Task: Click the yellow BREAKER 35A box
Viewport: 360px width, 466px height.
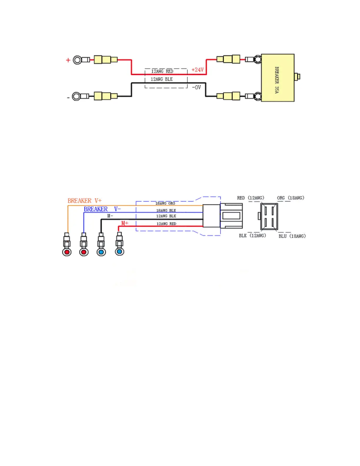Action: point(277,78)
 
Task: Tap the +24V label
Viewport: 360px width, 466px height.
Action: point(197,70)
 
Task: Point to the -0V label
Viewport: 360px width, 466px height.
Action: point(196,87)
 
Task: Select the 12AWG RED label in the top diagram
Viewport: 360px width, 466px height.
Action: point(162,71)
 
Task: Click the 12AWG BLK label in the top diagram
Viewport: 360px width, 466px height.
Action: point(161,79)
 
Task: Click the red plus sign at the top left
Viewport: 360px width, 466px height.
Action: point(68,60)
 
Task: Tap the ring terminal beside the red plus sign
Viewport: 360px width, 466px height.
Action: point(78,60)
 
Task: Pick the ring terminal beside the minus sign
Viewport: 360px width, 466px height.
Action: point(76,96)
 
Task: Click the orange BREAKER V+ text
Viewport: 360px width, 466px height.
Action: point(84,201)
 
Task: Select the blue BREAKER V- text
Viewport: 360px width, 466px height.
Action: point(102,209)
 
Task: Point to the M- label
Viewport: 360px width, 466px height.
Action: point(110,216)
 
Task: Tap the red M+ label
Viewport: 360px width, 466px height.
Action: point(125,223)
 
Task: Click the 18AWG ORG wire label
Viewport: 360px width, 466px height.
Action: point(165,203)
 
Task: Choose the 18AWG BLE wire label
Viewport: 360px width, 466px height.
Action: point(166,210)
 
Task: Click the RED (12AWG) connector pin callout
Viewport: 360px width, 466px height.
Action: point(251,198)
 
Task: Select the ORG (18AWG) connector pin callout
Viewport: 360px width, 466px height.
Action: point(290,198)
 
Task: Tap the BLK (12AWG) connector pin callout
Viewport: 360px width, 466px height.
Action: point(252,236)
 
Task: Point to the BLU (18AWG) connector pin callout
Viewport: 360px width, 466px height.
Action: point(292,236)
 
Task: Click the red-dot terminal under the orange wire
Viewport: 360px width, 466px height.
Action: point(67,252)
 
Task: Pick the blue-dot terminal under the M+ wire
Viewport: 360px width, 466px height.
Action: point(119,252)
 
